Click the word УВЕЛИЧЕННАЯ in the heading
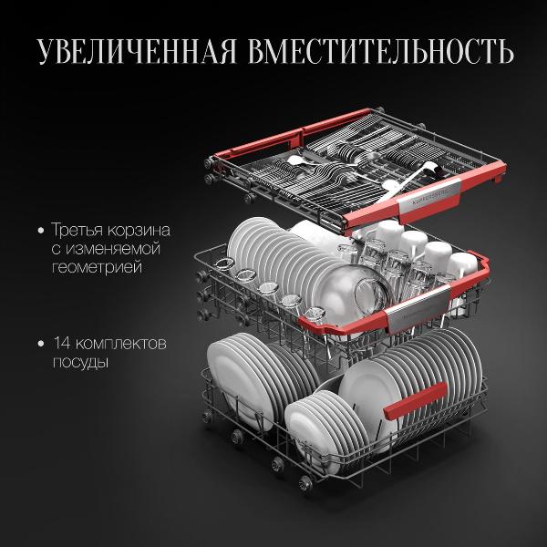(x=137, y=52)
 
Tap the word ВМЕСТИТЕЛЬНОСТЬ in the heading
(x=381, y=52)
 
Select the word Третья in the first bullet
(x=77, y=231)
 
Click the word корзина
(x=139, y=231)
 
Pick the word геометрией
(x=97, y=267)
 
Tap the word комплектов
(x=120, y=344)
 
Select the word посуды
(x=80, y=362)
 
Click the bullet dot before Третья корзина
(x=41, y=231)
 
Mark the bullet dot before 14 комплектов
(x=41, y=344)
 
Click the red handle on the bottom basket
(x=415, y=400)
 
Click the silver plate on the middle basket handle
(x=418, y=306)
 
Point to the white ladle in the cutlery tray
(x=411, y=176)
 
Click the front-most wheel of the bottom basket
(x=305, y=483)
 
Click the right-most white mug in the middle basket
(x=462, y=265)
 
